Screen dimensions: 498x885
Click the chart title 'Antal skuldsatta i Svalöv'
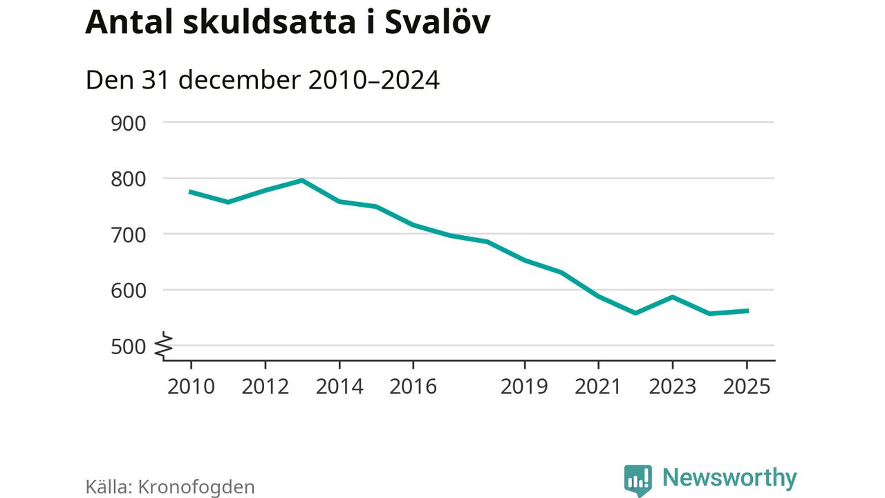pos(288,23)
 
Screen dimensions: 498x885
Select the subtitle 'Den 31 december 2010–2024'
pos(263,80)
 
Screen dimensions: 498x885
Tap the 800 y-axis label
pos(128,178)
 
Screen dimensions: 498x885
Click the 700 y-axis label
pos(128,234)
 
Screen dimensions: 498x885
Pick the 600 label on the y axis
pos(128,290)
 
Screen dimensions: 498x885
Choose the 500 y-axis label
pos(128,346)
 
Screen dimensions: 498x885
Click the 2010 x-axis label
pos(191,386)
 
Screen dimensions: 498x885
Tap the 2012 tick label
pos(265,386)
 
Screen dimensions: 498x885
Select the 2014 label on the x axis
pos(339,386)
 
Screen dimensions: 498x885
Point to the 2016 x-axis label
pos(413,386)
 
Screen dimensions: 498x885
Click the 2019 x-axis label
pos(524,386)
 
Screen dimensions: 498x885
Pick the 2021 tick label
pos(598,386)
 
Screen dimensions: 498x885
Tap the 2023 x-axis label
pos(672,386)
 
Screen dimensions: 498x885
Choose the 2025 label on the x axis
pos(746,386)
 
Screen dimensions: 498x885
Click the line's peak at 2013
pos(302,181)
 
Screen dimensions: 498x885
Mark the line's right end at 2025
pos(747,311)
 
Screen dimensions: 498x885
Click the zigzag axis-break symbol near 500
pos(164,345)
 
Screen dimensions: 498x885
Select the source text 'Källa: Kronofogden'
pos(170,486)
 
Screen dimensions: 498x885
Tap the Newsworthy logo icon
pos(637,479)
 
